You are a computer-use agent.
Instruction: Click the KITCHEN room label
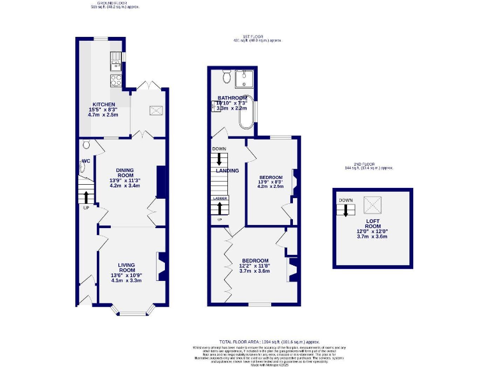104,104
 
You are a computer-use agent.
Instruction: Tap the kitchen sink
116,61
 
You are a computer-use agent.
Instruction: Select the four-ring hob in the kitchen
117,80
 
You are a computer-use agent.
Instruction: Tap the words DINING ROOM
124,173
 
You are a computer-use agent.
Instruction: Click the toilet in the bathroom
227,77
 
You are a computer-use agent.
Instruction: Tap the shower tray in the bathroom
244,78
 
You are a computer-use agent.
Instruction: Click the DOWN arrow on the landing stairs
220,159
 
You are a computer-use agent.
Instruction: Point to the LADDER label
220,199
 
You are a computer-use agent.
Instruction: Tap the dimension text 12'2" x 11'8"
255,266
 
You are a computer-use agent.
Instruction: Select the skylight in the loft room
371,205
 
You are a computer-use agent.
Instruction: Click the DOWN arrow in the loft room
346,210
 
